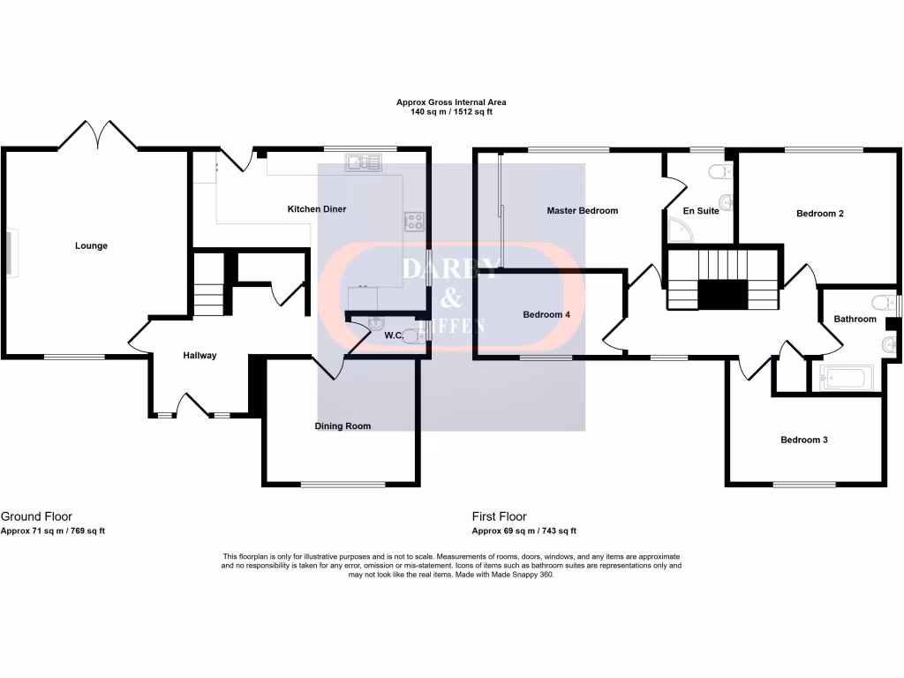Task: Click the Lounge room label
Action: pos(91,246)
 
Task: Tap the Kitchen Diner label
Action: pos(316,209)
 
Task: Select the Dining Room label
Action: pos(343,426)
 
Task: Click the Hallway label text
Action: pos(200,356)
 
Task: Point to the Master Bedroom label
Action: pos(582,211)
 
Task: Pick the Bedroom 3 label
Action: pos(803,440)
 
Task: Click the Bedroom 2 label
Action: pos(820,214)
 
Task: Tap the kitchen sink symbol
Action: pos(363,162)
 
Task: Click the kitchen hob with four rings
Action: pos(414,221)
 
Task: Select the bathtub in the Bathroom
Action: pos(847,379)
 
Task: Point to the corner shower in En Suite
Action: pos(681,230)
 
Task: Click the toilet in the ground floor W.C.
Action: pos(408,335)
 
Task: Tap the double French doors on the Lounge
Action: pos(98,135)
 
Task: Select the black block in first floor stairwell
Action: pos(723,294)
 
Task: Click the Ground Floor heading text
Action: pos(36,516)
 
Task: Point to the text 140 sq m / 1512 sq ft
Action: pos(450,112)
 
